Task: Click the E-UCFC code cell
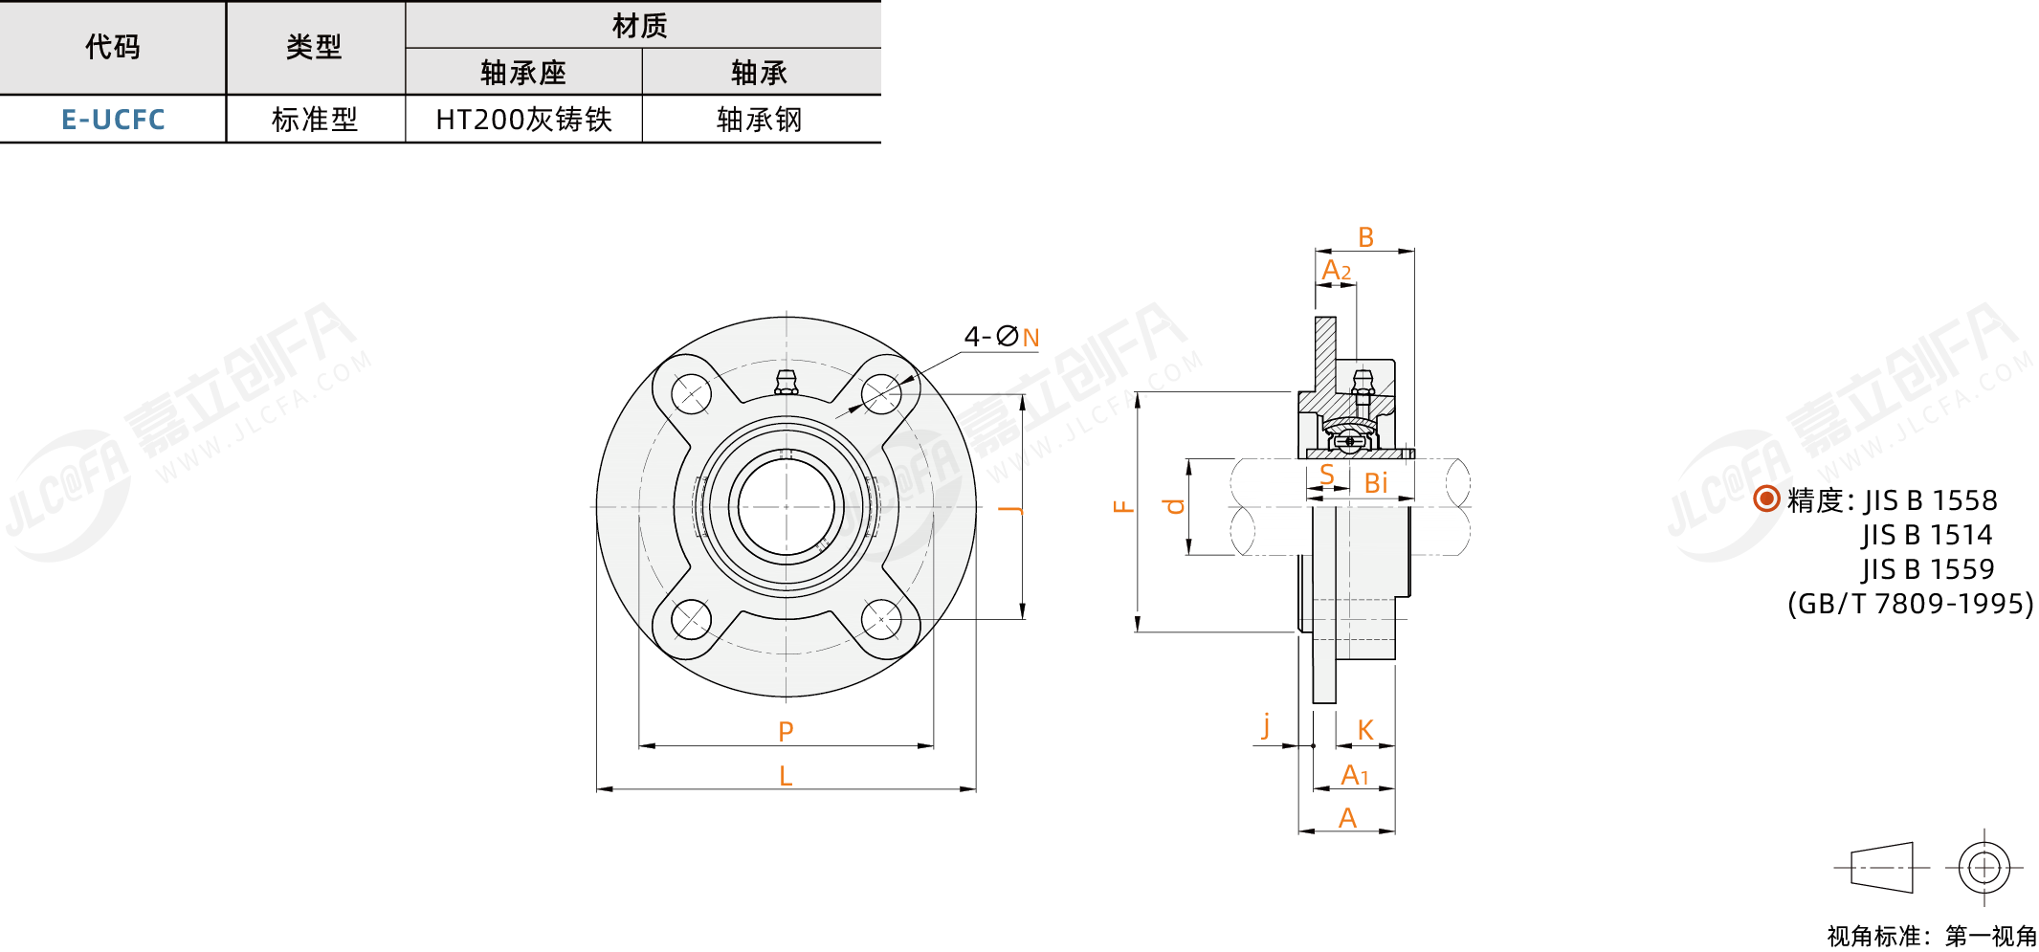tap(113, 120)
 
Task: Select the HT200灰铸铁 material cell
tap(523, 120)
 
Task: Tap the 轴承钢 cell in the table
tap(760, 120)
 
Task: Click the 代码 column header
tap(113, 46)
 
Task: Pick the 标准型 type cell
tap(315, 120)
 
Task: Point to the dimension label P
tap(786, 732)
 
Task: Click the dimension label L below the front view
tap(786, 776)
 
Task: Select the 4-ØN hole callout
tap(1001, 337)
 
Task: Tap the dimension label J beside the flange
tap(1011, 508)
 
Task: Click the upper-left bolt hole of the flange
tap(691, 393)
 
